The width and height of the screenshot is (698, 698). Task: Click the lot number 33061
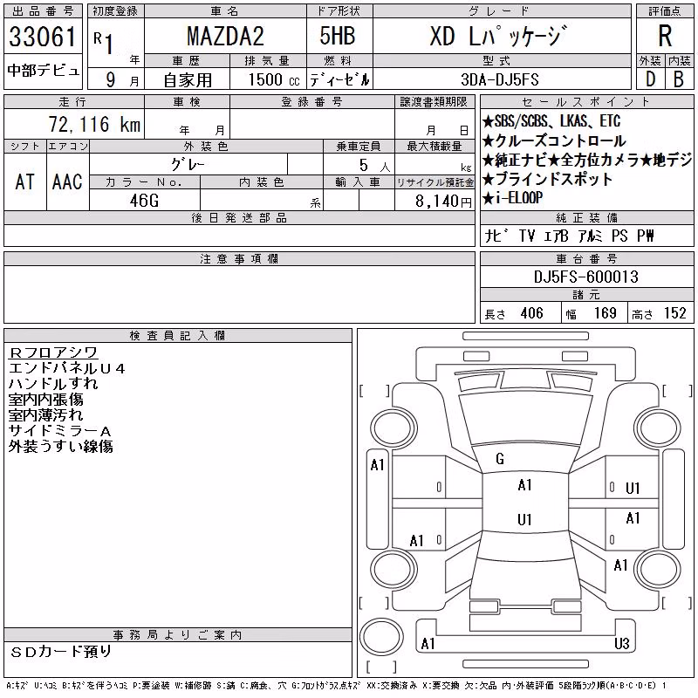[x=43, y=37]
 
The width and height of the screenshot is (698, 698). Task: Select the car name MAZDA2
[x=225, y=37]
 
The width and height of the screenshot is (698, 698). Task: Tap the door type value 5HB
[x=338, y=36]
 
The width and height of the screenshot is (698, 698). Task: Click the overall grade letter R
[x=665, y=36]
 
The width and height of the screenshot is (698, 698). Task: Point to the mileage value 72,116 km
[x=94, y=124]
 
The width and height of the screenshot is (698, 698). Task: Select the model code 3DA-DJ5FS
[x=500, y=79]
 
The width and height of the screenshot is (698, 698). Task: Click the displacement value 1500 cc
[x=274, y=79]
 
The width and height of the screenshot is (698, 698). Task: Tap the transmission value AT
[x=25, y=181]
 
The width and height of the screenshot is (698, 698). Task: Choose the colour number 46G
[x=144, y=201]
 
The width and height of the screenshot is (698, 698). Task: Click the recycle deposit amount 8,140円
[x=443, y=202]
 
